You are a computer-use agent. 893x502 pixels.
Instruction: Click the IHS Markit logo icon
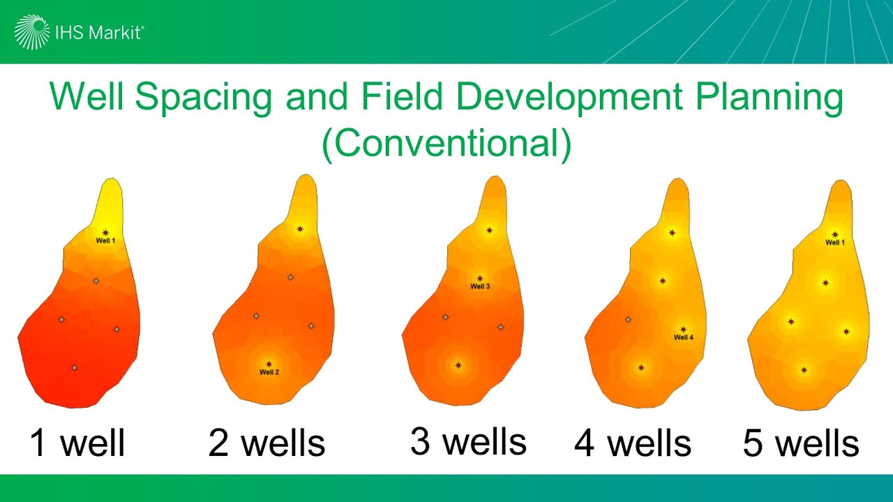33,32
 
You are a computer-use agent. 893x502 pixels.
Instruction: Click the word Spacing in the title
203,97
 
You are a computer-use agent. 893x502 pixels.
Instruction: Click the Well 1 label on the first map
105,241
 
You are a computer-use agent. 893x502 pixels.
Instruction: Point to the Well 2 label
269,372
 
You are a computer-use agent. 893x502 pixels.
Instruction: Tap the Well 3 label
480,287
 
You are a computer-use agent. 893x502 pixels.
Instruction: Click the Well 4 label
684,337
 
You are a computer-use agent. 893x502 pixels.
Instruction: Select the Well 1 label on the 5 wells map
835,243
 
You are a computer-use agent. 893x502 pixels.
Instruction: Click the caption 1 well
77,443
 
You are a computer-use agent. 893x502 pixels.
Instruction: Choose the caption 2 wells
267,443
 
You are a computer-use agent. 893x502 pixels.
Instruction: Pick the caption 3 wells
468,442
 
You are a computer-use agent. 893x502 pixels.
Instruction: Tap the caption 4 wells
632,443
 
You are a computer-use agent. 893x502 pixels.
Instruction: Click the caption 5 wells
801,443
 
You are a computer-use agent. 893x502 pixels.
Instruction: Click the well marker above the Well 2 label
269,364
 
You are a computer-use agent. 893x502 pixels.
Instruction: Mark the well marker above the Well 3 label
480,278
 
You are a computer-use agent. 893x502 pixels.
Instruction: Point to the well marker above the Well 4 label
684,329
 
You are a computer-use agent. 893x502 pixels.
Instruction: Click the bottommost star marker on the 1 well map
74,367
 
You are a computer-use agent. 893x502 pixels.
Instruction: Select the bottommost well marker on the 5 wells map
804,370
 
